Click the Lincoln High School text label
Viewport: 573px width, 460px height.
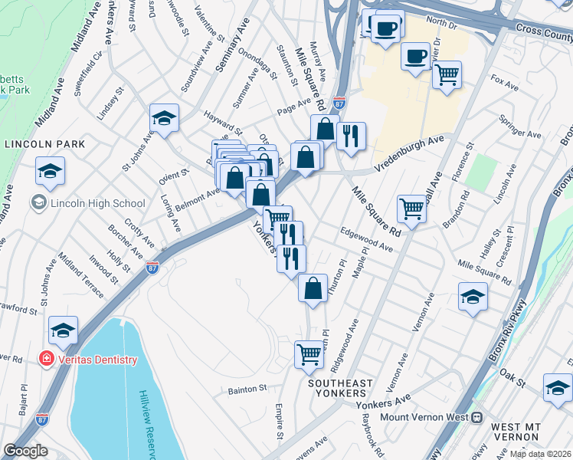point(97,203)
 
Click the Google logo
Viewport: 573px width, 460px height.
point(25,450)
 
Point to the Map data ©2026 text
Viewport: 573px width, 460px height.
point(541,454)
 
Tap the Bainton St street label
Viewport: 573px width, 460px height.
point(247,389)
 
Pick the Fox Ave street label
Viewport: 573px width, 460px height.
point(505,79)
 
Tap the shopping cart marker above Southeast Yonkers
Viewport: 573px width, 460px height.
point(309,354)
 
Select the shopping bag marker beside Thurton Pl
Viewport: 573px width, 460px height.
point(313,288)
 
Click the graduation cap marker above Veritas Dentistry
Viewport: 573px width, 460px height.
point(64,330)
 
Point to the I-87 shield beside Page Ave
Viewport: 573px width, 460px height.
point(339,102)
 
